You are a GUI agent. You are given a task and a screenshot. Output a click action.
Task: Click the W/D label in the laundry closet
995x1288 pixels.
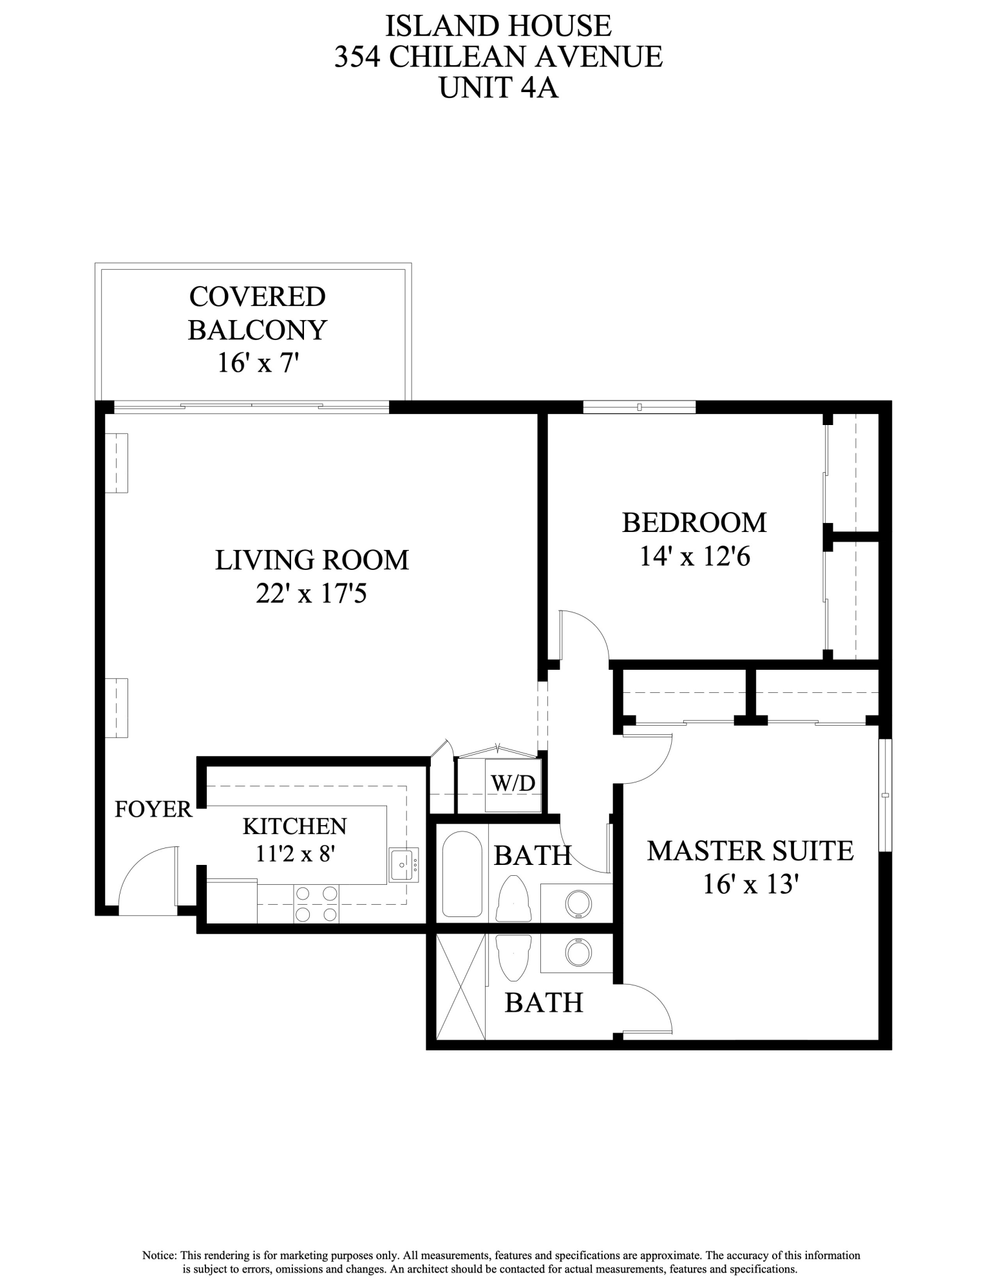point(513,783)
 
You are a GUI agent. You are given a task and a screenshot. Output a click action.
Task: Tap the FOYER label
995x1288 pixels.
point(153,810)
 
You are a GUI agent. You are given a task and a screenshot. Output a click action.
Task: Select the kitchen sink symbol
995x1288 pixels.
point(403,865)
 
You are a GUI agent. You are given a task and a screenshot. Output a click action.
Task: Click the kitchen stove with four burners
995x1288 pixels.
point(316,904)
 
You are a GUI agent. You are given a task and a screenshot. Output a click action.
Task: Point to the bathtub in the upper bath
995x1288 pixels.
point(462,874)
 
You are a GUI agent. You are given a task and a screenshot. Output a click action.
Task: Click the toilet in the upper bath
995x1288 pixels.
point(513,898)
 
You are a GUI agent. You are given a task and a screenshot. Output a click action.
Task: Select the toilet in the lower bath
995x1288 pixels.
point(513,957)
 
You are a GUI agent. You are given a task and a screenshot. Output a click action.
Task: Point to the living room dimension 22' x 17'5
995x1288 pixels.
point(311,593)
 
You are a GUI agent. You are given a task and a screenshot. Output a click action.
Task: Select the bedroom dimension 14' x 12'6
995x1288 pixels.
point(694,556)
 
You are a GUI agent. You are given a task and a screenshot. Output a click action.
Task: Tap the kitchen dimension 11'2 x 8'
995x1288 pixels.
point(296,854)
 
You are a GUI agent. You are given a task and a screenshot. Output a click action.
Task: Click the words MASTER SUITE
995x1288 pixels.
point(750,851)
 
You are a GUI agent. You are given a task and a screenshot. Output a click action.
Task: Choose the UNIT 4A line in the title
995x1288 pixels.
point(498,88)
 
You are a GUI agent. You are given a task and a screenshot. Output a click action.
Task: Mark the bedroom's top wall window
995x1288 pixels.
point(639,407)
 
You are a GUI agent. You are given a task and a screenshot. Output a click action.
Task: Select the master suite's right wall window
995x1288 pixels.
point(886,795)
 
